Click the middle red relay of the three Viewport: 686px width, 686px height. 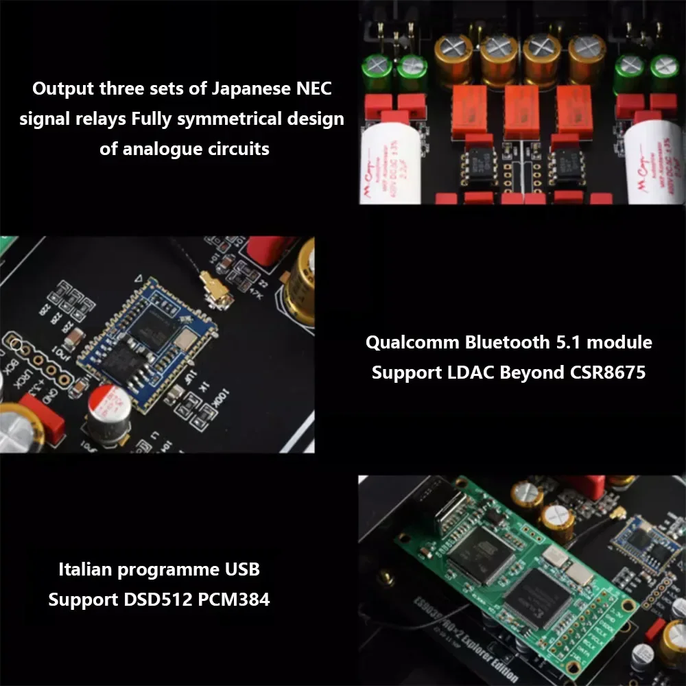[523, 110]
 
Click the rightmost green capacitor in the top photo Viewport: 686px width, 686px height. [664, 72]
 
